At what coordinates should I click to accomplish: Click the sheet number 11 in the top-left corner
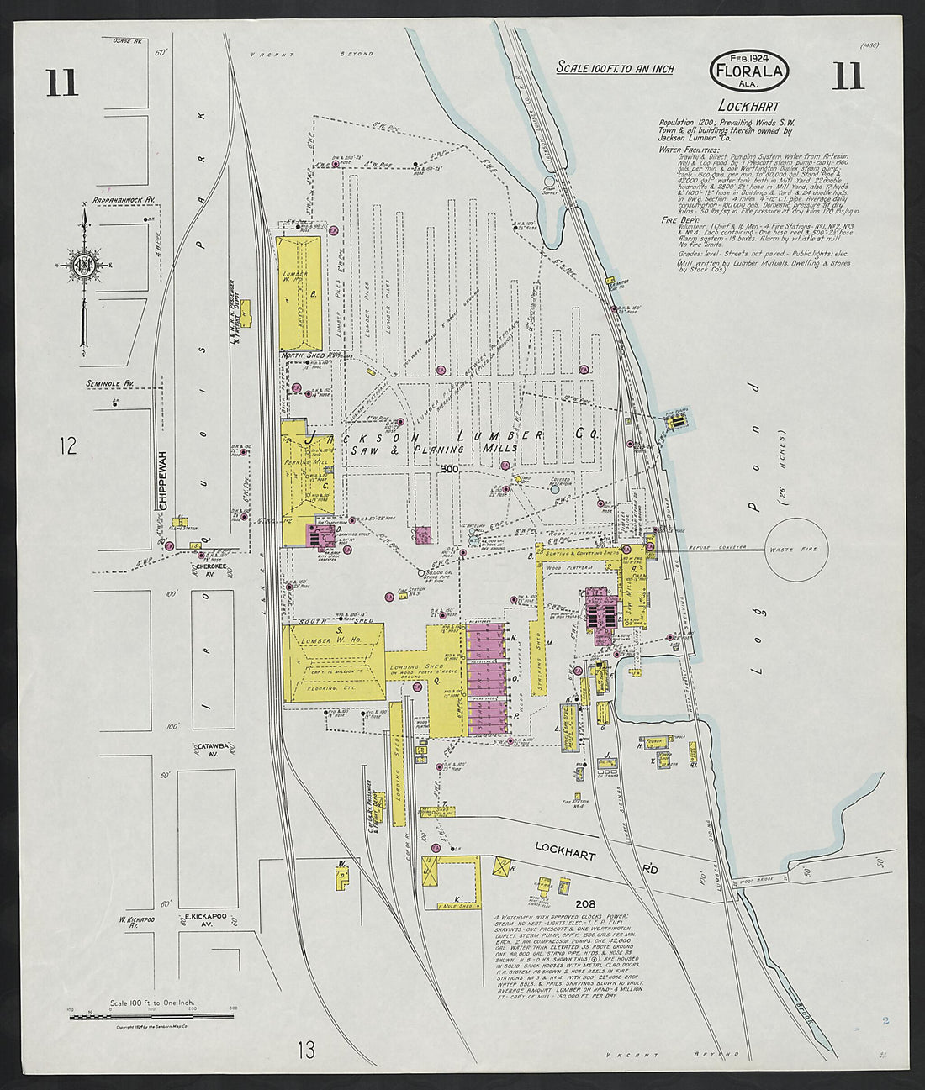coord(62,83)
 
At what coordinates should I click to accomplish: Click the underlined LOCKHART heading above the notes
coord(748,107)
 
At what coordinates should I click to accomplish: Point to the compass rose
coord(87,266)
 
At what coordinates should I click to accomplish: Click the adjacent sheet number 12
coord(68,445)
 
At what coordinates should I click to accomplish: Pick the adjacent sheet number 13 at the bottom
coord(306,1050)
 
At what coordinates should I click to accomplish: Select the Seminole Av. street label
coord(110,384)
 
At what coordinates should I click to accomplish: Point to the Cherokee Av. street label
coord(205,569)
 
